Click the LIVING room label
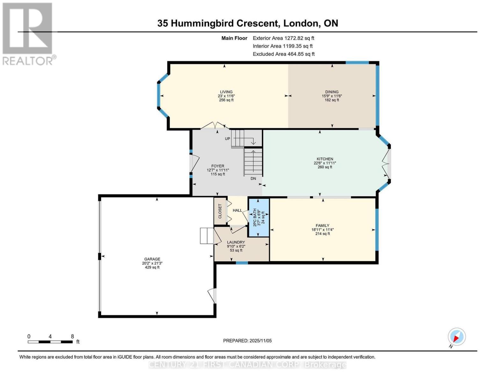(x=226, y=92)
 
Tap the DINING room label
(x=332, y=92)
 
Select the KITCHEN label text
(x=324, y=159)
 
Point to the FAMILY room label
(x=322, y=226)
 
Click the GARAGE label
(x=152, y=259)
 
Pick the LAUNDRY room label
(x=236, y=242)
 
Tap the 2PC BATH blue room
(x=259, y=218)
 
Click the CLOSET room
(x=220, y=211)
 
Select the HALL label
(x=237, y=210)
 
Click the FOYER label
(x=218, y=166)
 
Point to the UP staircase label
(x=227, y=139)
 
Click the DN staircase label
(x=253, y=179)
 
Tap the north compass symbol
(x=456, y=337)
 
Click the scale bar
(x=50, y=342)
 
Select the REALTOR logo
(x=28, y=33)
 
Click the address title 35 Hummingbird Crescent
(x=247, y=23)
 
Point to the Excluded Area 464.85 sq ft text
(x=283, y=54)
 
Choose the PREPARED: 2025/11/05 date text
(x=247, y=341)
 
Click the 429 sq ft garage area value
(x=152, y=267)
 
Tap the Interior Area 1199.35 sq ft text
(x=282, y=46)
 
